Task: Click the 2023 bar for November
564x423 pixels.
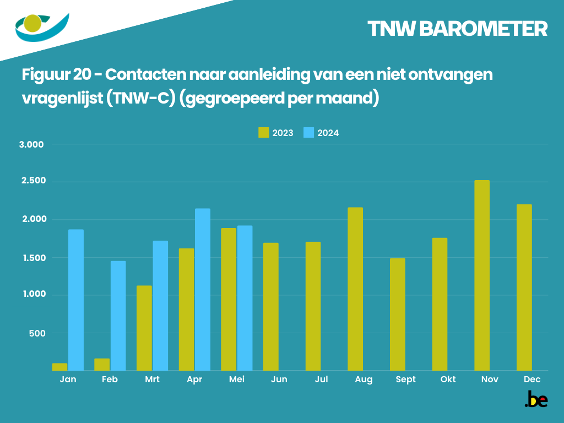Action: coord(481,275)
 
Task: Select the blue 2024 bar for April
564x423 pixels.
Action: coord(202,290)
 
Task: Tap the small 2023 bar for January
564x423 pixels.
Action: coord(60,367)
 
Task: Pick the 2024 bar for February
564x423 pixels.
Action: coord(118,316)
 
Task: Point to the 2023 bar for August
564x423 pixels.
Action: coord(355,289)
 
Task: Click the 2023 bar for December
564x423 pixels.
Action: coord(524,288)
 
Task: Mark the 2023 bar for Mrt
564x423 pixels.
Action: coord(144,328)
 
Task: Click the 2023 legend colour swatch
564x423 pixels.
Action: coord(263,133)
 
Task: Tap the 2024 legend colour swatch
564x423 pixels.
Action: coord(308,133)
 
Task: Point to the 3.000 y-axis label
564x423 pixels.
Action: coord(31,145)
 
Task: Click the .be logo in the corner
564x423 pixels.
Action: coord(536,400)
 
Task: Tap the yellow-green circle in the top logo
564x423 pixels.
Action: coord(34,23)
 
